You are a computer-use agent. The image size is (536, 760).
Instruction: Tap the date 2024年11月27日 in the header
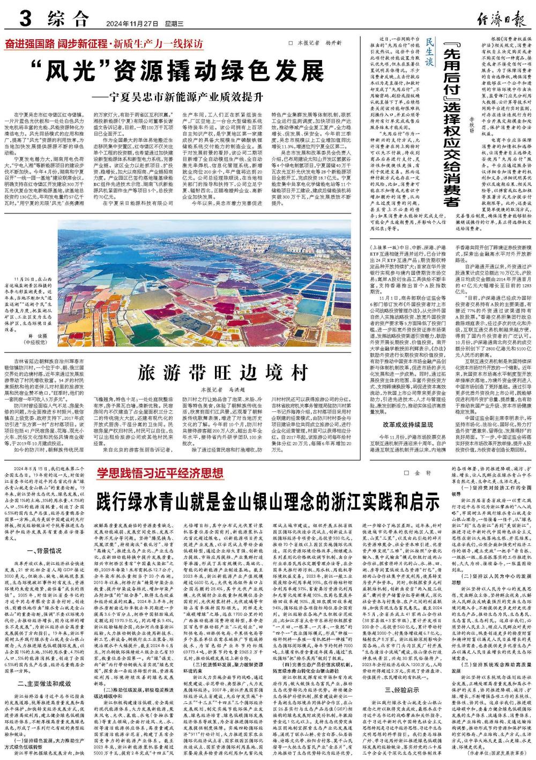point(126,24)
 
